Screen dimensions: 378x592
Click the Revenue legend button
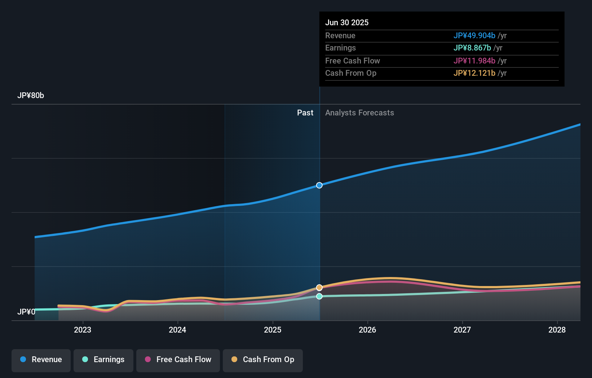[x=41, y=360]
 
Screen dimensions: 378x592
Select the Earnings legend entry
[x=103, y=360]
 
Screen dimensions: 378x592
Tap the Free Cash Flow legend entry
[x=178, y=360]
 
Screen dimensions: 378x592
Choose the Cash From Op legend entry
[x=263, y=360]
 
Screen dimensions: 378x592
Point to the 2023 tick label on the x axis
[x=83, y=330]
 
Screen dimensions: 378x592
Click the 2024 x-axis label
[x=177, y=330]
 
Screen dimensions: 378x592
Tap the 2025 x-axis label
[x=273, y=330]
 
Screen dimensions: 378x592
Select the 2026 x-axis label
[x=367, y=330]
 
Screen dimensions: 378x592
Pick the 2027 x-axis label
[x=462, y=330]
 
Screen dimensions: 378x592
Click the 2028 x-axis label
[x=557, y=330]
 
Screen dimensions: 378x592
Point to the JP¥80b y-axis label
[x=31, y=96]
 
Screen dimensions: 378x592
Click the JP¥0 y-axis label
[x=26, y=312]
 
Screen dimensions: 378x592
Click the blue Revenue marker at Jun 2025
[x=319, y=185]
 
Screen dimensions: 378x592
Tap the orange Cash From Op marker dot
[x=319, y=287]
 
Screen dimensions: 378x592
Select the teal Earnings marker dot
[x=319, y=296]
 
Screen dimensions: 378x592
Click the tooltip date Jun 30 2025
[x=347, y=22]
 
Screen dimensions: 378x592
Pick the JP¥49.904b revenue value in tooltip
[x=474, y=35]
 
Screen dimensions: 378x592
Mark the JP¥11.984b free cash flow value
[x=474, y=61]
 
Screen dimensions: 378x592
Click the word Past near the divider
[x=305, y=113]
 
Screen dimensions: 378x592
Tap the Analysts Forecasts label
[x=359, y=113]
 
